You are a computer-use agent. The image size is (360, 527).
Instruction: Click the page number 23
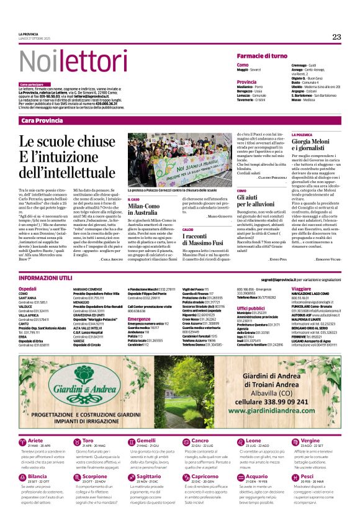(336, 37)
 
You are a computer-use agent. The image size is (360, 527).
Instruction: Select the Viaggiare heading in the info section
(301, 289)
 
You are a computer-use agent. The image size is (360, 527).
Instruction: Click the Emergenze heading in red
(139, 318)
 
